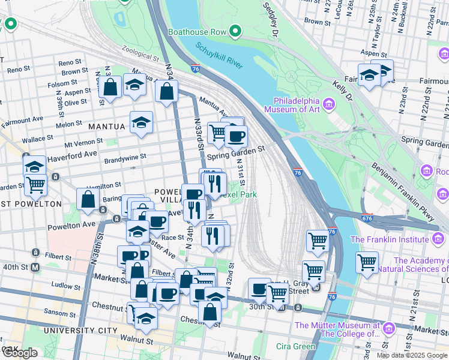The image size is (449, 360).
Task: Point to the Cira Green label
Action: coord(295,346)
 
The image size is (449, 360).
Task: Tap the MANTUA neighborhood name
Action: coord(107,127)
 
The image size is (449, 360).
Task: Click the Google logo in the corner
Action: coord(20,353)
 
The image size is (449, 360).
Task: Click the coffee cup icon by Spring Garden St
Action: coord(236,136)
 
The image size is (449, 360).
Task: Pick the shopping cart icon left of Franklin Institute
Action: coord(367,261)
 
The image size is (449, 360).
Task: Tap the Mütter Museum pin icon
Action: coord(388,328)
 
